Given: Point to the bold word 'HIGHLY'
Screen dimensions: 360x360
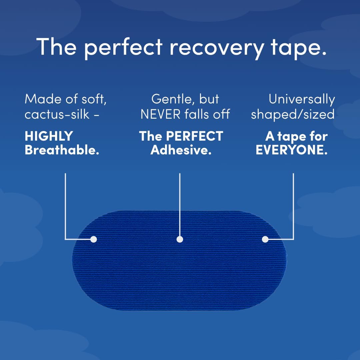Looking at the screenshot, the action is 49,136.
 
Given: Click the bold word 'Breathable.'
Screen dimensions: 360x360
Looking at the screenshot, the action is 62,150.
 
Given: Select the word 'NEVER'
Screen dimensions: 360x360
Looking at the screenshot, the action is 161,114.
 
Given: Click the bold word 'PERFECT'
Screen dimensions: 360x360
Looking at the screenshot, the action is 195,136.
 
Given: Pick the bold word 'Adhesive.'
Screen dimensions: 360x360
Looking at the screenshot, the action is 181,150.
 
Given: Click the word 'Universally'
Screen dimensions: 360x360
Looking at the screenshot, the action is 302,99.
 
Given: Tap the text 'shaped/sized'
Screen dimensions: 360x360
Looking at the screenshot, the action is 293,114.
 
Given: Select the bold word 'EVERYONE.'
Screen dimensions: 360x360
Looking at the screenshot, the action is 291,150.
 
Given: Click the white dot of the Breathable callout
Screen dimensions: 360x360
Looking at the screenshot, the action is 94,239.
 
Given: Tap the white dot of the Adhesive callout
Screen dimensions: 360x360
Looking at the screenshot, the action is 180,239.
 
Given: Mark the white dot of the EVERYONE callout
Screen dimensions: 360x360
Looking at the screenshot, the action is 265,239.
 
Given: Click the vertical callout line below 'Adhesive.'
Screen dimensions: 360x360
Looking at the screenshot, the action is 180,203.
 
